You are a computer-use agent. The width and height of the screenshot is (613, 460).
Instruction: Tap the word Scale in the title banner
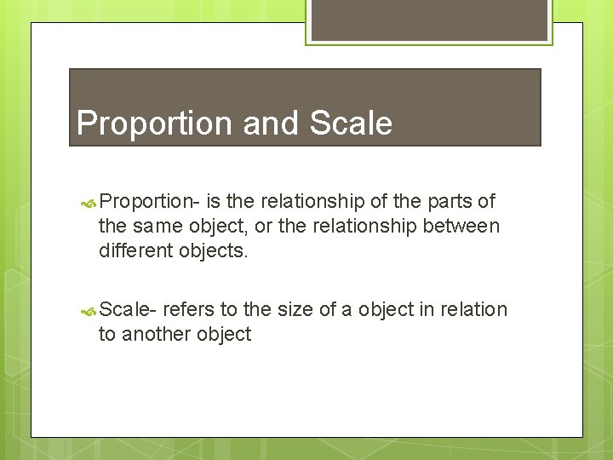coord(351,124)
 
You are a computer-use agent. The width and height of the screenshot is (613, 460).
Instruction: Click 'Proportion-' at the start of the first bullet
coord(149,202)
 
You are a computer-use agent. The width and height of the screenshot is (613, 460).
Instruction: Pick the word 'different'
coord(136,251)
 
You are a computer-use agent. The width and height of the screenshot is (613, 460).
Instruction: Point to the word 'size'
coord(296,310)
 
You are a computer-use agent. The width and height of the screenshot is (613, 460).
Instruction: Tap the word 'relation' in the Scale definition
coord(473,310)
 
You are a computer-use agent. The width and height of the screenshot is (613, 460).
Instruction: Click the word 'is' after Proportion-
coord(213,202)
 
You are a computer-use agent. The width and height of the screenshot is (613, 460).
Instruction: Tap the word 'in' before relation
coord(427,310)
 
